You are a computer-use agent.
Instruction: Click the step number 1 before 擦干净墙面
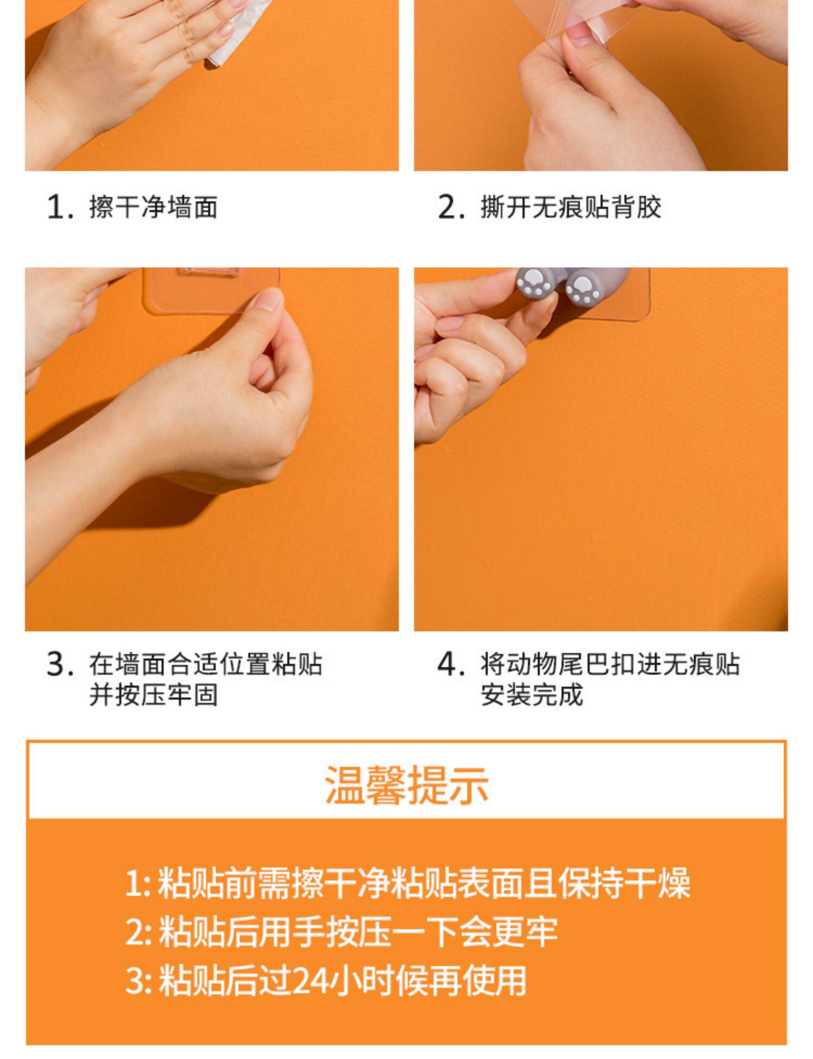[x=60, y=207]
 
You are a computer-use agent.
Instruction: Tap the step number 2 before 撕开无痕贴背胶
[x=451, y=207]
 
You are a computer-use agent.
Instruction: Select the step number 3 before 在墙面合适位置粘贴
[x=60, y=665]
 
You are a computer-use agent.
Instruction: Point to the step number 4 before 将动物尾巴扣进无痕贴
[x=451, y=665]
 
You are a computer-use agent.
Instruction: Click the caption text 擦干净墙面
[x=153, y=207]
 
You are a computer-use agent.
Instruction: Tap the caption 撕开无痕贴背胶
[x=571, y=207]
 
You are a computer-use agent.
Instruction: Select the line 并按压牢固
[x=153, y=695]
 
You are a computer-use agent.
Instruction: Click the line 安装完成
[x=532, y=695]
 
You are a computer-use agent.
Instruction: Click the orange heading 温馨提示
[x=406, y=785]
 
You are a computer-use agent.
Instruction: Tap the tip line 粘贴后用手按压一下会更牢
[x=358, y=932]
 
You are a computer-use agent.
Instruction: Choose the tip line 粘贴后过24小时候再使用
[x=342, y=980]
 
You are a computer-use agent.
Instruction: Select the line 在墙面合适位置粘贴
[x=206, y=665]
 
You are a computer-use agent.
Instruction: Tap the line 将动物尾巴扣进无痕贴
[x=610, y=665]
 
